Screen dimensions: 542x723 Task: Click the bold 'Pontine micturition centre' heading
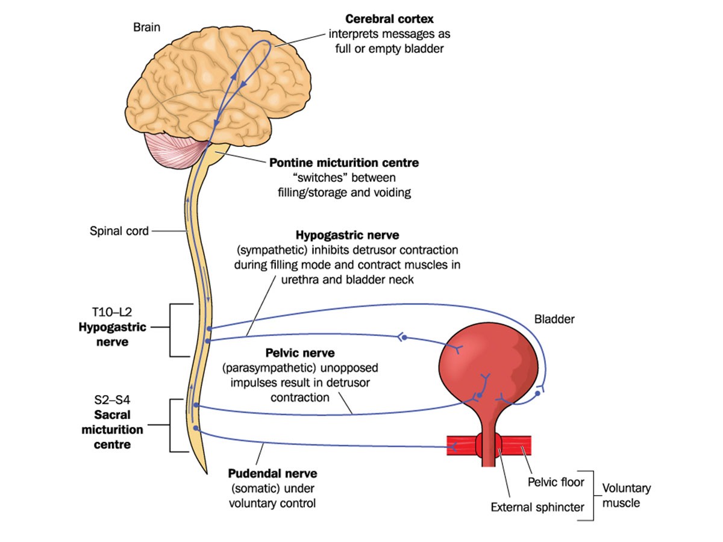(x=344, y=163)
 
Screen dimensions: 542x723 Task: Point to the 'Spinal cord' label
(x=119, y=231)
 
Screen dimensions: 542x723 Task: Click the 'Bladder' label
(x=554, y=320)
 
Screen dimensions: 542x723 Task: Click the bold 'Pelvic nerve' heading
(x=299, y=352)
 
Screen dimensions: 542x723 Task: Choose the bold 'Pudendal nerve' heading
(x=272, y=474)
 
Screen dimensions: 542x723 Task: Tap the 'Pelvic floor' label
(x=556, y=482)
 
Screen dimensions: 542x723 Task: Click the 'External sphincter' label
(x=537, y=507)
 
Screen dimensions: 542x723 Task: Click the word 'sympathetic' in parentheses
(x=272, y=250)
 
